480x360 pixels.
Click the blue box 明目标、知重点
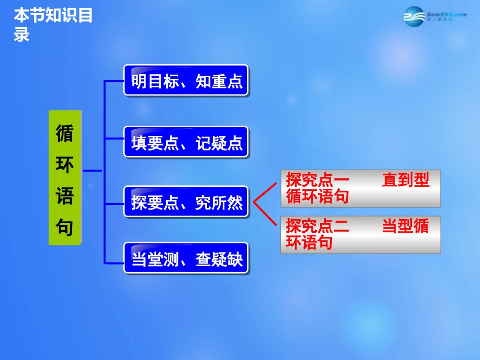(x=186, y=80)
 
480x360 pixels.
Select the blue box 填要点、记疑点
(x=186, y=142)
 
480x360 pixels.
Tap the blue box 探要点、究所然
(x=186, y=202)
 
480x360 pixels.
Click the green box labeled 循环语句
(x=65, y=177)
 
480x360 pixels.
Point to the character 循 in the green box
(x=65, y=133)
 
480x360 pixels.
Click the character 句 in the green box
(x=65, y=227)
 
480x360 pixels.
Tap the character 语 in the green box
(x=65, y=196)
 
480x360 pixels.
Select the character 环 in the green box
(x=65, y=165)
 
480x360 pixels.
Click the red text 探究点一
(x=317, y=180)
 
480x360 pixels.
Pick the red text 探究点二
(x=317, y=226)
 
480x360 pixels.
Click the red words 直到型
(x=406, y=180)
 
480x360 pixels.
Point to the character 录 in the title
(x=22, y=34)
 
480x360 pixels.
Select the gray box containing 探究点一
(x=360, y=188)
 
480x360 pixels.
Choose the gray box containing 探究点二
(x=360, y=234)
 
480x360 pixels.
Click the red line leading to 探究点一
(x=266, y=192)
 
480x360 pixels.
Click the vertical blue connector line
(x=104, y=172)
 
